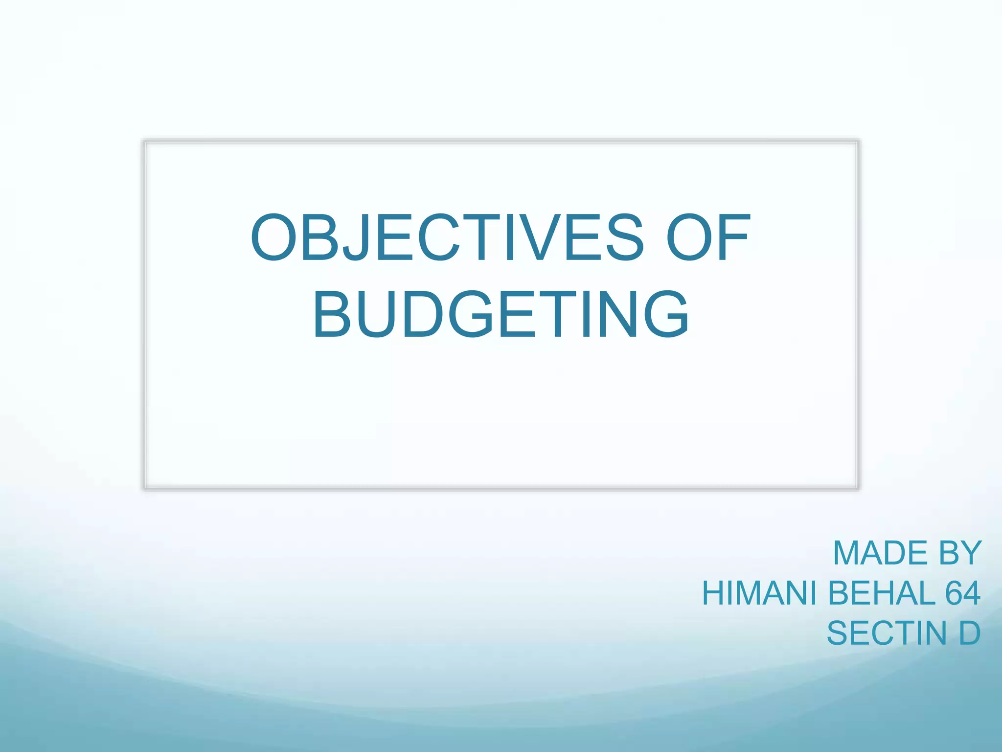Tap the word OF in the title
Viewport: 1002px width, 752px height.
click(707, 238)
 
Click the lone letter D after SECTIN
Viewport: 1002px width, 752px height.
click(969, 634)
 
